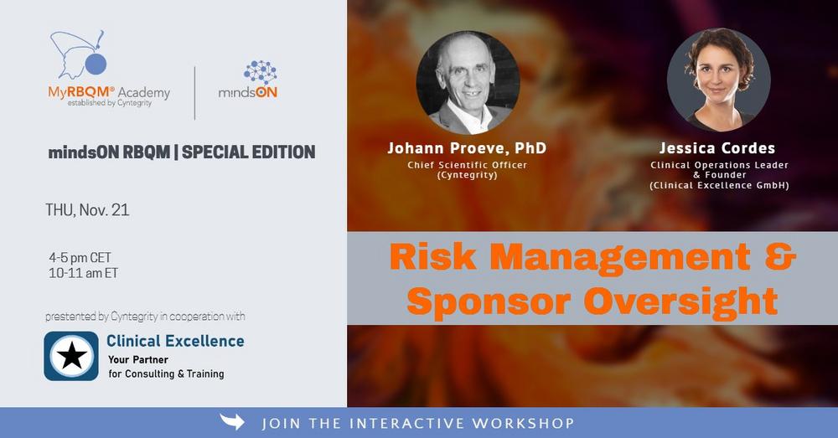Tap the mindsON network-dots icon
tap(261, 73)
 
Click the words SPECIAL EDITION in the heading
tap(249, 152)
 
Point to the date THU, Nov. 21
tap(87, 210)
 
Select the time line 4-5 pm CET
tap(80, 257)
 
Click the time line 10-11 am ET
tap(83, 273)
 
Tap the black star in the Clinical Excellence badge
tap(71, 356)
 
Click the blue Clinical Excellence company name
tap(175, 341)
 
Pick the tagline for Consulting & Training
tap(166, 374)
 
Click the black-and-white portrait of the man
tap(468, 82)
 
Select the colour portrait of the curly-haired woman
tap(719, 80)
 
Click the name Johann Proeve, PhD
tap(467, 148)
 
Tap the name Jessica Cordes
tap(717, 148)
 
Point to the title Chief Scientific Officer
tap(467, 165)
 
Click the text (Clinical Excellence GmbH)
tap(719, 185)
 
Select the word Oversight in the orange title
tap(680, 301)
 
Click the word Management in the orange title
tap(620, 256)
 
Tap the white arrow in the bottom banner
tap(232, 422)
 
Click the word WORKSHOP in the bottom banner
tap(523, 424)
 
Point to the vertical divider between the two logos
tap(194, 93)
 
